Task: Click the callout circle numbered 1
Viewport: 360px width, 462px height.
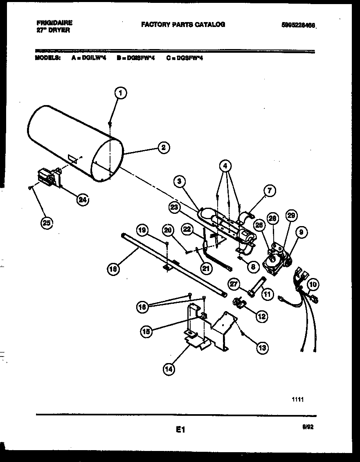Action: [120, 93]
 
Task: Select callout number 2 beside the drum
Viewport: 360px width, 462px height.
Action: [163, 147]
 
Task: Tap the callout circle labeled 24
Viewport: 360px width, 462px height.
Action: [83, 200]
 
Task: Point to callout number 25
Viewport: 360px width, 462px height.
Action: [47, 223]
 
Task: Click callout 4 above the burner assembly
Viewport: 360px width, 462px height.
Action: [225, 166]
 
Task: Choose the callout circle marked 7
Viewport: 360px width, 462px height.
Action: [269, 191]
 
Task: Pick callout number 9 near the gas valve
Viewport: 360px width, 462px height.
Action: [301, 233]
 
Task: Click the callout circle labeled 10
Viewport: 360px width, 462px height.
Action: [313, 284]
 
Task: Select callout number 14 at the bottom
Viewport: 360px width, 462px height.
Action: [169, 369]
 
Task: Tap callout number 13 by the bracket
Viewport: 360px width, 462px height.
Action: [262, 348]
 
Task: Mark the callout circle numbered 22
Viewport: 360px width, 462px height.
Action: [188, 230]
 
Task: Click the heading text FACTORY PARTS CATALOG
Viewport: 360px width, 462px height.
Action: [183, 25]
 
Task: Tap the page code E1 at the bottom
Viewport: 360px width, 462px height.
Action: [180, 429]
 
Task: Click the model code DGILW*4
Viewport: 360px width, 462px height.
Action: [94, 58]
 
